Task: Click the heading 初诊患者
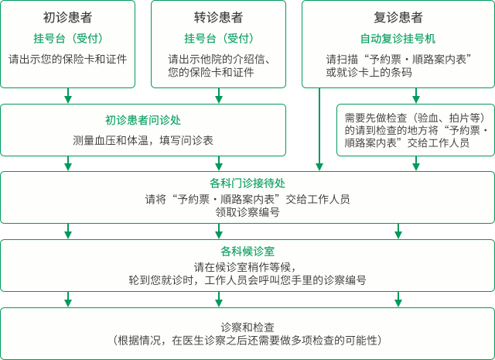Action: point(67,17)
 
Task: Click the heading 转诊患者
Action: point(218,17)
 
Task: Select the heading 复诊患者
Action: point(398,17)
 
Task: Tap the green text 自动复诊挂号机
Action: point(398,39)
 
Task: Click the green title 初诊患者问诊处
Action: point(143,120)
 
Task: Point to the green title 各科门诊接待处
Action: point(247,183)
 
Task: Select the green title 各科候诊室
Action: point(247,252)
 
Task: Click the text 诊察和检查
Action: point(247,327)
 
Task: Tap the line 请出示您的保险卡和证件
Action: point(67,59)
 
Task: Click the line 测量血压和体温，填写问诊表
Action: point(143,140)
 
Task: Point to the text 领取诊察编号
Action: point(247,212)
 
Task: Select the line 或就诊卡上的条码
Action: point(369,72)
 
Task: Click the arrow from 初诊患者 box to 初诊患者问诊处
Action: point(68,95)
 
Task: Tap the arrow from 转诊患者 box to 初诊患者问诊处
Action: point(219,95)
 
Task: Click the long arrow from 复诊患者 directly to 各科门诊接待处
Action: point(319,129)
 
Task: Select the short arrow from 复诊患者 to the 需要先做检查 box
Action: point(416,95)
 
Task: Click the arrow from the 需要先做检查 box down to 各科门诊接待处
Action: point(416,163)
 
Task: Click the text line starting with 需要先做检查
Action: point(415,118)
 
